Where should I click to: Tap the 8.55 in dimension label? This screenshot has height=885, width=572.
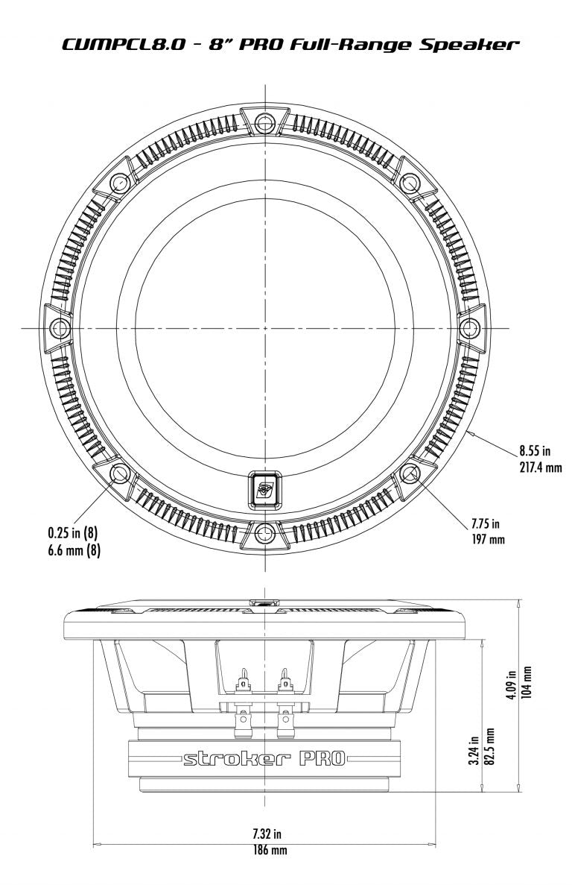tap(534, 450)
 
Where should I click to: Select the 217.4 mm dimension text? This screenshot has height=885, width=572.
tap(540, 467)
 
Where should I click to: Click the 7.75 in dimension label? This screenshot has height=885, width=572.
tap(485, 523)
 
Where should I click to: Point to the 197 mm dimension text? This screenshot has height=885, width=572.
tap(489, 538)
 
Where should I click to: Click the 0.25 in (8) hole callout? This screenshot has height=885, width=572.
tap(72, 533)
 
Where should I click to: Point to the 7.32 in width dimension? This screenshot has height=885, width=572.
tap(264, 834)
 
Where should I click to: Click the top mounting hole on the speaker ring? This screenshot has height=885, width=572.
tap(264, 122)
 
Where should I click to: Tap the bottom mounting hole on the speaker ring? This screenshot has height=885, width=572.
tap(264, 532)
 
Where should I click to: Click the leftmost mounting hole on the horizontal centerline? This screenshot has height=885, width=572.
tap(60, 327)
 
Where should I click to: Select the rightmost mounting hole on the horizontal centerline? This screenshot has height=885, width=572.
tap(469, 327)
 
